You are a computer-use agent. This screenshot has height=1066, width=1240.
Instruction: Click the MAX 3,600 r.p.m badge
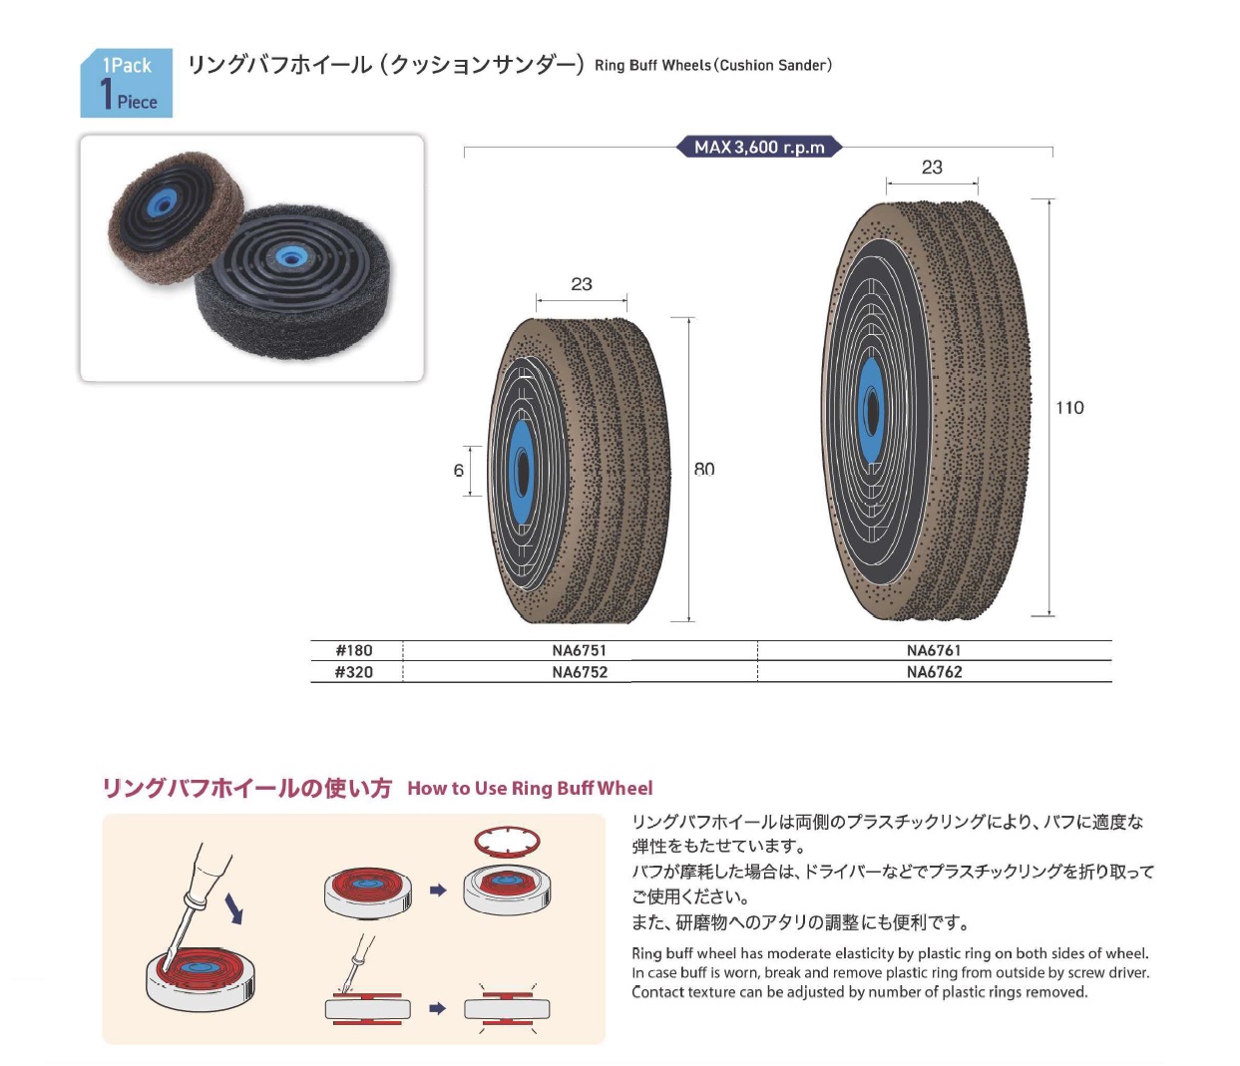click(760, 148)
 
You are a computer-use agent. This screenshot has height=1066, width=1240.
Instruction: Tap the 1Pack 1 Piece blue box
click(127, 83)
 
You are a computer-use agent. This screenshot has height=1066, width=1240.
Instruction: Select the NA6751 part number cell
click(580, 650)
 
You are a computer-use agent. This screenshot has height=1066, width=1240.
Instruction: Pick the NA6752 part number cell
click(580, 672)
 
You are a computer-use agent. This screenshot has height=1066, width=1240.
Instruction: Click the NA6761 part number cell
click(934, 650)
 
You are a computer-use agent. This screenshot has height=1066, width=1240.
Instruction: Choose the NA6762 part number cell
click(934, 672)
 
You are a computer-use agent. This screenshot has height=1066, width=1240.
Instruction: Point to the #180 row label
click(354, 650)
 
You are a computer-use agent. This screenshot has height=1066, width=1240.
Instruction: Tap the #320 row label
click(354, 672)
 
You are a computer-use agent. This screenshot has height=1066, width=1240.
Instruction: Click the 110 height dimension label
click(1069, 408)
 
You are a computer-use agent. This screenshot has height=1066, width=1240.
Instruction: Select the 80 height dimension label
click(704, 470)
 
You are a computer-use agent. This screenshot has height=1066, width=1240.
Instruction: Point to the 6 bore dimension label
click(459, 471)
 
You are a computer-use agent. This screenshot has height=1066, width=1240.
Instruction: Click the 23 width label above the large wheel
click(932, 168)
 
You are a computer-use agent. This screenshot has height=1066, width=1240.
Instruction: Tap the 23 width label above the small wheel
click(582, 284)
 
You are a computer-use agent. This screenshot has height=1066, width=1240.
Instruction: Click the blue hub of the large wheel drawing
click(871, 410)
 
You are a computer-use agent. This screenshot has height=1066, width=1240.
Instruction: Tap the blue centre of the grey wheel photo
click(290, 256)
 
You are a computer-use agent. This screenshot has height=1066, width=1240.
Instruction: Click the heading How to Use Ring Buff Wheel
click(530, 789)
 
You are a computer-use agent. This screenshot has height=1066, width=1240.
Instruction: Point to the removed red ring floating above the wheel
click(507, 841)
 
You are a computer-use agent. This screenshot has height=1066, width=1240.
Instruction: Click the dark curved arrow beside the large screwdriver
click(233, 907)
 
